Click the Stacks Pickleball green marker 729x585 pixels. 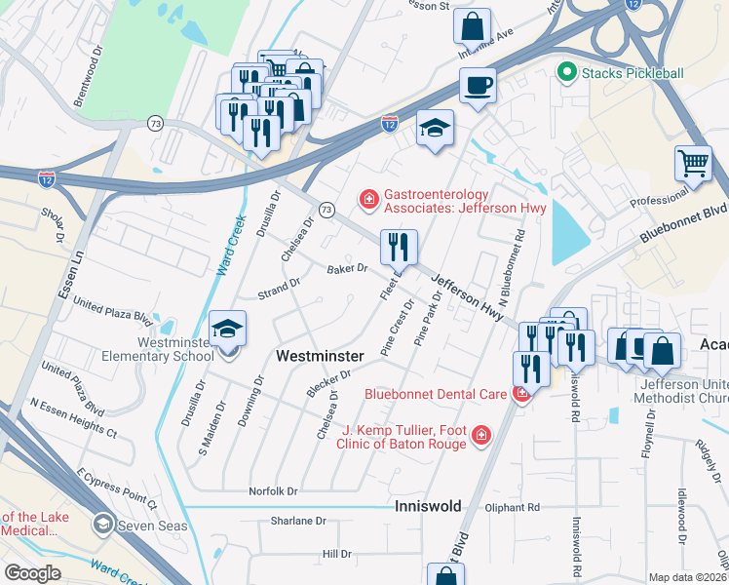pos(564,72)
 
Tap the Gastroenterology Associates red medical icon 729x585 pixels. pos(369,200)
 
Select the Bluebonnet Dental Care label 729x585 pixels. pos(435,395)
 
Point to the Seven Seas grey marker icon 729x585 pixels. pos(102,526)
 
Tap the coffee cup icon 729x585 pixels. pos(478,85)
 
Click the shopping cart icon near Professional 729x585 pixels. pos(694,164)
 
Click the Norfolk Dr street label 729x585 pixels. pos(273,491)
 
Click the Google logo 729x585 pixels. pos(31,573)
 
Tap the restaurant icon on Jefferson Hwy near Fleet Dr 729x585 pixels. pos(400,248)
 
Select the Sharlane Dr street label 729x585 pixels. pos(298,521)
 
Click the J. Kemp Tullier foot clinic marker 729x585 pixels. pos(480,434)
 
